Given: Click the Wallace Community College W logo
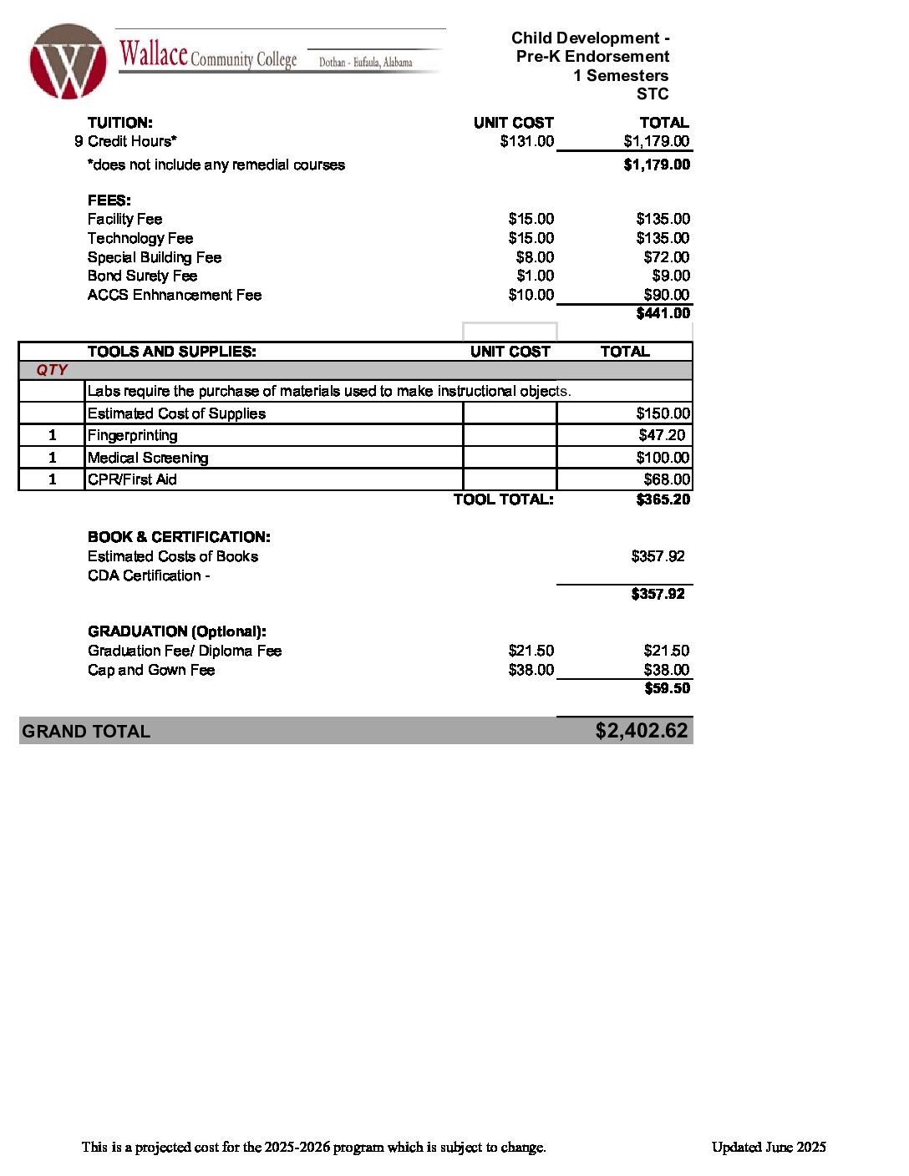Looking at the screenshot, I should [68, 62].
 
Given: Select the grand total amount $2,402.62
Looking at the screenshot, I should [641, 731].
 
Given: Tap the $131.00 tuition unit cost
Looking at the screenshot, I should [526, 141].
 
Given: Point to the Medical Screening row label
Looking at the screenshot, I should [148, 458].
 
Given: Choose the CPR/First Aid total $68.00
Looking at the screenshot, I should [667, 479].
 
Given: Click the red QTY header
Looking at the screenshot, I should [52, 370].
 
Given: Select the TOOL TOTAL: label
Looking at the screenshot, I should [503, 499].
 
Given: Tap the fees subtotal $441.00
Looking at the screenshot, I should [663, 313].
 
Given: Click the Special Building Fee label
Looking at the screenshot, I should [155, 257].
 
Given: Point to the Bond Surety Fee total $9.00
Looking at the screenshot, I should [671, 276].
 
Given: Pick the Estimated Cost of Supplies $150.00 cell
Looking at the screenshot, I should [663, 413].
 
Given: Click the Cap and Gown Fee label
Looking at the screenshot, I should [151, 670].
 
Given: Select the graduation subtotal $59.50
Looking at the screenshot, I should [667, 688].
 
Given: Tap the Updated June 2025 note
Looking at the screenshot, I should [769, 1147].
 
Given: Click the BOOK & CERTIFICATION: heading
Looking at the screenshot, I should [179, 537].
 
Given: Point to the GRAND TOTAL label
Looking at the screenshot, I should [86, 732].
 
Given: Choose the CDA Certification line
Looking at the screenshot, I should [149, 575].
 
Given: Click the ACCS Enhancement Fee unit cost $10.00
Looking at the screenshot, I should [531, 295].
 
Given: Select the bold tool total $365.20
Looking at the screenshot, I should [663, 499].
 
